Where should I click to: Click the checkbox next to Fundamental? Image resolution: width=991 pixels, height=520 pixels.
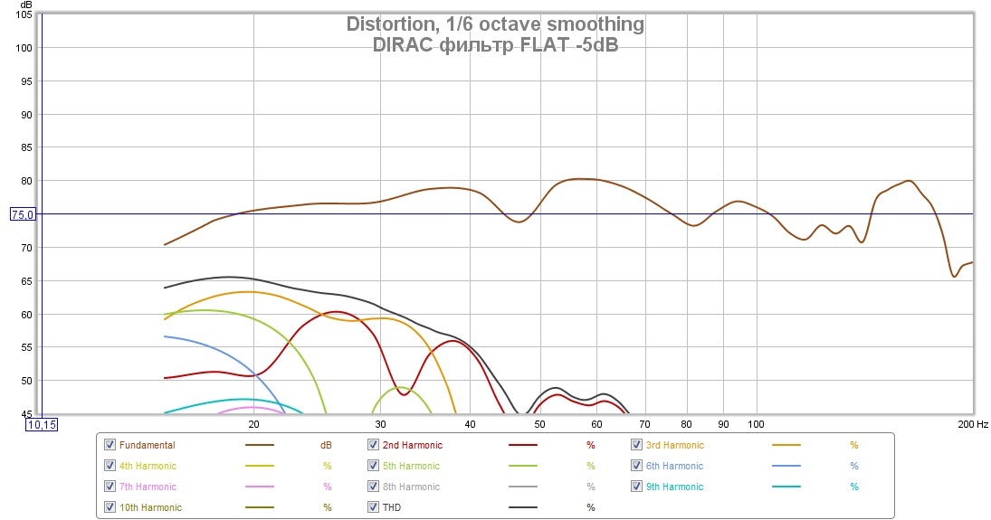pos(110,445)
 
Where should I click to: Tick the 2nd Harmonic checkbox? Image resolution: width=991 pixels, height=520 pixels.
pos(374,445)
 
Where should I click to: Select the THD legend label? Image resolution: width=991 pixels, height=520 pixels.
pos(391,507)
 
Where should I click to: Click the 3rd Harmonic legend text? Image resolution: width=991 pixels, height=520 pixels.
pos(674,445)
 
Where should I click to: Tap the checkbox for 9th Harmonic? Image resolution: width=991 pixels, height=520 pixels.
pos(638,487)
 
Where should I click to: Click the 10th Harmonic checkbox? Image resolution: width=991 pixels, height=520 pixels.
pos(110,507)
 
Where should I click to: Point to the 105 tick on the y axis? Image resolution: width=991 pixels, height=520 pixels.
pos(24,15)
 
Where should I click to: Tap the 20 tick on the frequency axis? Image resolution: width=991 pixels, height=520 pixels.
pos(253,423)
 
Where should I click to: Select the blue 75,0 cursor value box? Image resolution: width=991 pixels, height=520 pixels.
pos(23,214)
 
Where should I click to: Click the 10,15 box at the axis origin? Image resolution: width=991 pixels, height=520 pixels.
pos(42,423)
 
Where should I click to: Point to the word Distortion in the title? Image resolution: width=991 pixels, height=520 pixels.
pos(390,24)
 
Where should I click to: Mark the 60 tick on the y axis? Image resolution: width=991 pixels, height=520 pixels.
pos(26,314)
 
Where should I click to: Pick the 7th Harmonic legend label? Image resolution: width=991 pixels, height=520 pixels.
pos(148,487)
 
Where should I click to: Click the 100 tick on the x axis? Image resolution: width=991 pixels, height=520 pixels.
pos(755,423)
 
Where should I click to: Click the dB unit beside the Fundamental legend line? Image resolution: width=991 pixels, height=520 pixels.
pos(326,445)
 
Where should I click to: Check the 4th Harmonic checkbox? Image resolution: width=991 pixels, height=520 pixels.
pos(110,466)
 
